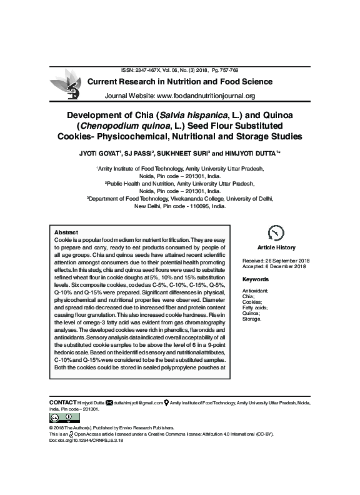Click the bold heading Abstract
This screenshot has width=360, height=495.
tap(66, 232)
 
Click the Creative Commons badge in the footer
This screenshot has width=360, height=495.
tap(61, 418)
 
